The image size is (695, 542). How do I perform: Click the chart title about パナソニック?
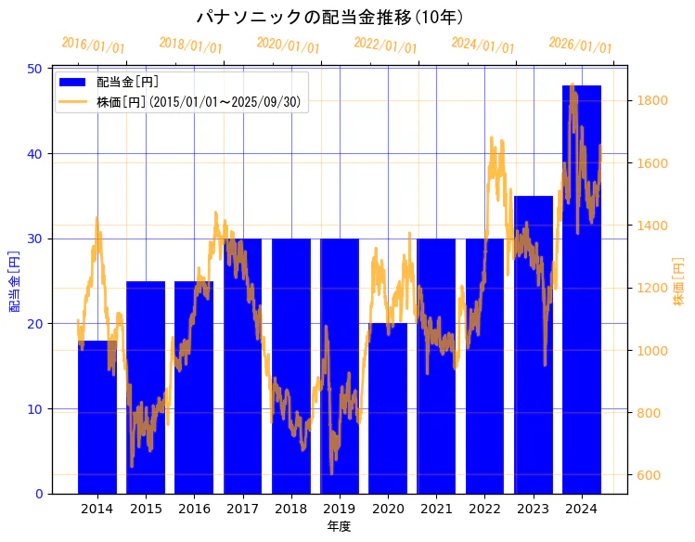tap(330, 17)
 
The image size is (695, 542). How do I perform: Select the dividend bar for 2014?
tap(97, 418)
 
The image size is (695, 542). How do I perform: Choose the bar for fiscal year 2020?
tap(388, 408)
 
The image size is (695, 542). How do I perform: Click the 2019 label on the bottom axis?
tap(339, 509)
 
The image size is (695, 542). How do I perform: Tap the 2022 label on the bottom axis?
tap(484, 509)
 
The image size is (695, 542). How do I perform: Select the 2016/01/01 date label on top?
tap(93, 45)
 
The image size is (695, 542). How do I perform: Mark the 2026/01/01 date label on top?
tap(580, 45)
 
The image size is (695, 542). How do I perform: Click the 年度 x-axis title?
tap(339, 526)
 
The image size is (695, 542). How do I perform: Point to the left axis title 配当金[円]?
tap(14, 280)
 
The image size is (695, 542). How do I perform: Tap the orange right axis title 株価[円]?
tap(678, 280)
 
